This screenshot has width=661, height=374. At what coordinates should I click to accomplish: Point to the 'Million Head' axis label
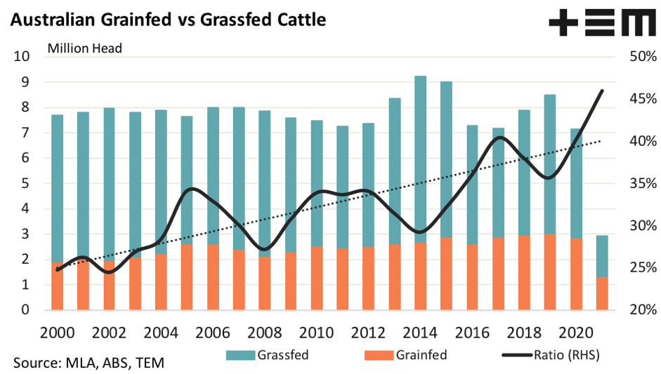(85, 48)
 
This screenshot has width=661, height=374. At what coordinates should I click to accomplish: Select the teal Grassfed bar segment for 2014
(421, 154)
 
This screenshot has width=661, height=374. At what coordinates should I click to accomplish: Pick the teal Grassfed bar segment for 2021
(603, 256)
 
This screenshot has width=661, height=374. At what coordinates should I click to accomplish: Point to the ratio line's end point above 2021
(603, 90)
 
